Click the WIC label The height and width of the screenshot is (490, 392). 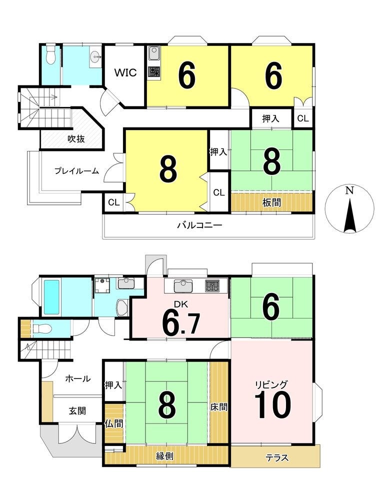click(x=125, y=72)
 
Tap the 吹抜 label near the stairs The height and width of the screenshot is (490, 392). click(x=76, y=139)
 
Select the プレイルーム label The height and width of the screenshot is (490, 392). click(x=76, y=171)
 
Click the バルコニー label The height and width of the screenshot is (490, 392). click(x=199, y=225)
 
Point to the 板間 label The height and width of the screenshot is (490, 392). click(x=271, y=202)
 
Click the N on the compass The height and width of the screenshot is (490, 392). click(x=349, y=190)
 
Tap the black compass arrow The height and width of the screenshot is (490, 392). click(x=350, y=216)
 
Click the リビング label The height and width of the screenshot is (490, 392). click(x=271, y=384)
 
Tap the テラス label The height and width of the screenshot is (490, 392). click(x=277, y=458)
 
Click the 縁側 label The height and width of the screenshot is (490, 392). click(x=164, y=456)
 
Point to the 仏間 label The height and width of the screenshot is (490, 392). click(x=114, y=424)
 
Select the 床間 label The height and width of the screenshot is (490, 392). click(x=218, y=407)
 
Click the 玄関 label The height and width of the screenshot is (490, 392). click(x=77, y=410)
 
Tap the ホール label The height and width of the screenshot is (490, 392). click(x=78, y=379)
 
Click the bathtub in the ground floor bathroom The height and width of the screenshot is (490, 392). click(x=51, y=297)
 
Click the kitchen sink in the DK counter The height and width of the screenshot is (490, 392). click(x=183, y=286)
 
